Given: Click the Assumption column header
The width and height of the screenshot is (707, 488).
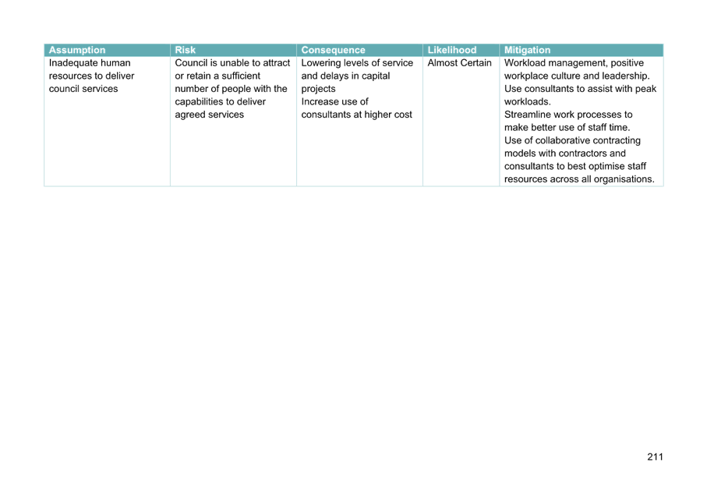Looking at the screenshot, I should [x=76, y=50].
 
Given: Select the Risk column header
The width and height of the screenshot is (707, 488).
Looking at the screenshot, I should [x=186, y=50].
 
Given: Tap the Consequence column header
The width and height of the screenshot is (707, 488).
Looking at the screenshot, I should [x=333, y=50].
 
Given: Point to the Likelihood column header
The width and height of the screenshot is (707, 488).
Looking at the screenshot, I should [x=452, y=50].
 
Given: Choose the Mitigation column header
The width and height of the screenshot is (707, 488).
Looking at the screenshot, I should [x=528, y=50].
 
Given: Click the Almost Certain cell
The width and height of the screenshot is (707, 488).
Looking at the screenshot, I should [x=459, y=63].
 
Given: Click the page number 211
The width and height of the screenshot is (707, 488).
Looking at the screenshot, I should [x=655, y=456].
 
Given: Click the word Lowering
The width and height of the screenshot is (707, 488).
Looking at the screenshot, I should [x=320, y=63].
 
